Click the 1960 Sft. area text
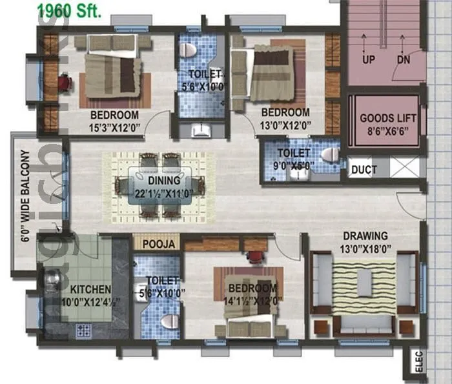(x=69, y=10)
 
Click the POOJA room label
(x=158, y=244)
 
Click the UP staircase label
(x=369, y=59)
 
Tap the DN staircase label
(x=404, y=59)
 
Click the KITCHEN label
(x=91, y=289)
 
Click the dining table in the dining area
(x=159, y=186)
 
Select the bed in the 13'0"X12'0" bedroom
(x=272, y=72)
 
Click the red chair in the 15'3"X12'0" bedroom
(x=64, y=83)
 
